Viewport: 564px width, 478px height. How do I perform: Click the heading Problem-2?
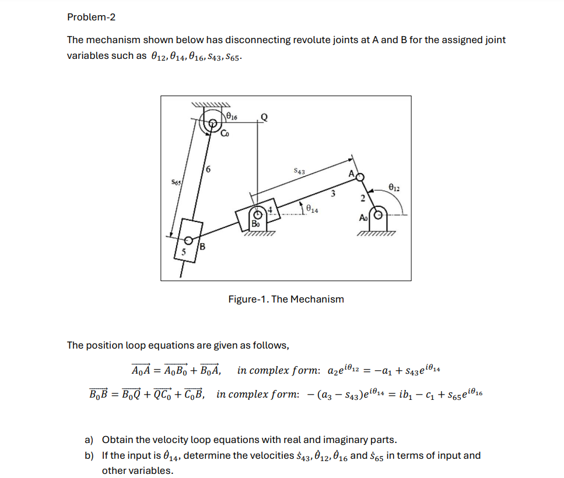tap(91, 17)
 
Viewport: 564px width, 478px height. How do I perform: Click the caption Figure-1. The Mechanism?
tap(286, 299)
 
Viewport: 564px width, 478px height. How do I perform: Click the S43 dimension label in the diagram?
tap(299, 171)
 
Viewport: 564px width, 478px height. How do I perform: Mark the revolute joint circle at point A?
tap(360, 177)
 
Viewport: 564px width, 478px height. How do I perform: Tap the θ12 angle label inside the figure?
tap(394, 188)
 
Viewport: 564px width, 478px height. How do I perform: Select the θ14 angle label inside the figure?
tap(311, 209)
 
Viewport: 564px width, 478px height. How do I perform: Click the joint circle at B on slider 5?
tap(188, 241)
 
